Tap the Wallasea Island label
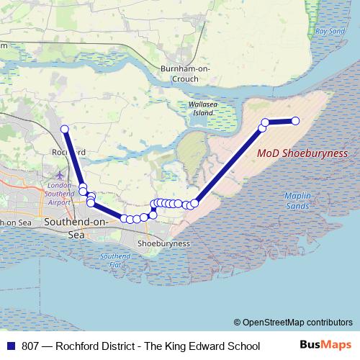202,109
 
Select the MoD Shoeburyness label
302,154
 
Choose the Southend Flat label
115,260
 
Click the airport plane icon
59,175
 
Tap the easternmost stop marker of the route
294,121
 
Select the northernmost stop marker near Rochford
64,130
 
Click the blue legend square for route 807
11,346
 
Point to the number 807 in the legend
30,346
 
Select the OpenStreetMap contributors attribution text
297,323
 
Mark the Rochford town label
70,153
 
